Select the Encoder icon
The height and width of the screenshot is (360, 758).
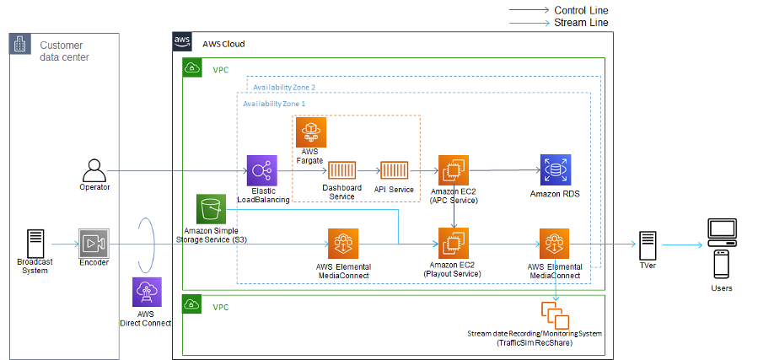tap(94, 244)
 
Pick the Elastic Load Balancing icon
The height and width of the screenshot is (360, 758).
tap(262, 171)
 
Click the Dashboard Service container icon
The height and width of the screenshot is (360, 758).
tap(342, 171)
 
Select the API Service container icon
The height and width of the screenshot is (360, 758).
tap(394, 171)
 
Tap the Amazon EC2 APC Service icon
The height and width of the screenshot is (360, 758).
tap(453, 171)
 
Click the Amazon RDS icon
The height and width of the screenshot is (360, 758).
tap(556, 171)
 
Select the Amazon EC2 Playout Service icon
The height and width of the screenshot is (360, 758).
tap(454, 244)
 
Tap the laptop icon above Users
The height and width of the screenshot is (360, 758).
tap(722, 230)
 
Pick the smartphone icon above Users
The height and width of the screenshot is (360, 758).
tap(722, 264)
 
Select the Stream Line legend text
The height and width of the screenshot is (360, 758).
tap(581, 23)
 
